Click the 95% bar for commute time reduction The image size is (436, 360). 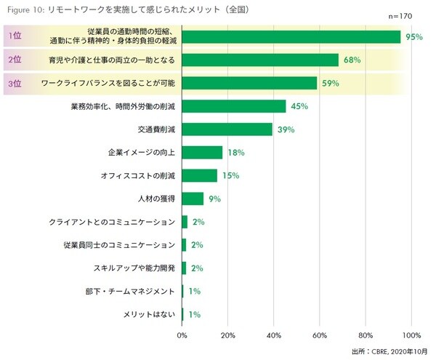[x=291, y=36]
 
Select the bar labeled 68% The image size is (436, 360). [x=260, y=60]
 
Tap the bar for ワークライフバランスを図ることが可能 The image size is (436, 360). [x=249, y=83]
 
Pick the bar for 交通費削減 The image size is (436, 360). [x=227, y=129]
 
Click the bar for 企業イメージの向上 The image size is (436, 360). [x=202, y=153]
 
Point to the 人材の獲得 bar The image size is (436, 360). [x=193, y=199]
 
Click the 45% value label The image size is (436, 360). [x=299, y=106]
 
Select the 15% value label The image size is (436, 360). [x=230, y=176]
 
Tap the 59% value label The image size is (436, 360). [x=331, y=83]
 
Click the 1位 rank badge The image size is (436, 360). [x=14, y=36]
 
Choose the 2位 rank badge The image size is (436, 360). [x=14, y=60]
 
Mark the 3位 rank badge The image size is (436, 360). [x=14, y=83]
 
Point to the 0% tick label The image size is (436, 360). [x=182, y=335]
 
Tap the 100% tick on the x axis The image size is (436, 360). [x=411, y=335]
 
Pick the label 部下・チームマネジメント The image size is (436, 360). [x=130, y=292]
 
